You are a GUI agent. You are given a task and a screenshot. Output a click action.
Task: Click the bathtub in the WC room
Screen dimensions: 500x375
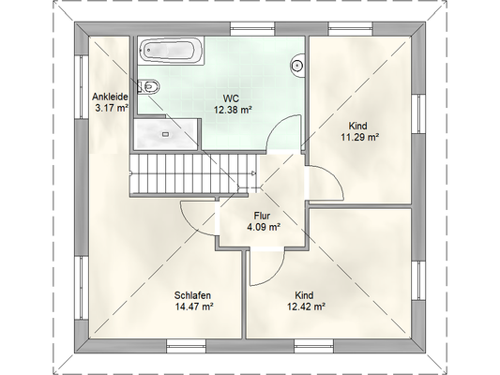click(172, 51)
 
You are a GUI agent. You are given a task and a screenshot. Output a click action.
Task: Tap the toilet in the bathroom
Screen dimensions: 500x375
click(149, 86)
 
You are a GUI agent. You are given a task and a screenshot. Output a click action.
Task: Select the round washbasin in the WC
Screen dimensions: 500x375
click(296, 66)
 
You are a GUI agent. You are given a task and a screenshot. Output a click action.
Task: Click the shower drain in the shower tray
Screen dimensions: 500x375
click(165, 134)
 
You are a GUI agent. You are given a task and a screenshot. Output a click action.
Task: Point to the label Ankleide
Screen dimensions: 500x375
click(110, 97)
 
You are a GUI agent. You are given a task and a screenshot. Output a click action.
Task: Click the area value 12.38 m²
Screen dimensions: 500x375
click(233, 111)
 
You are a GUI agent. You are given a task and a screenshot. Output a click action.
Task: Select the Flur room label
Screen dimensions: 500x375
click(262, 216)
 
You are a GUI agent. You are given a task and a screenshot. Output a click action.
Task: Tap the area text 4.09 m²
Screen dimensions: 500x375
click(264, 228)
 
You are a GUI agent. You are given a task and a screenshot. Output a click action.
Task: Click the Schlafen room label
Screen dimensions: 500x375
click(192, 295)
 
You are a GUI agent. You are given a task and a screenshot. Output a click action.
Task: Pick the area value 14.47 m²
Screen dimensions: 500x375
click(194, 307)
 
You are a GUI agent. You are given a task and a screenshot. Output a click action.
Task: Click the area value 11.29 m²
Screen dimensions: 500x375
click(360, 137)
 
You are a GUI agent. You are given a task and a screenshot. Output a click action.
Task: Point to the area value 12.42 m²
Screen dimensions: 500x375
click(306, 307)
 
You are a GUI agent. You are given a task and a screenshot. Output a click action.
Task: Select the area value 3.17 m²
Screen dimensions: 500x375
click(112, 108)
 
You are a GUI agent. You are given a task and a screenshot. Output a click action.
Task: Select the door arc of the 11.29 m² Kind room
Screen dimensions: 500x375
click(335, 177)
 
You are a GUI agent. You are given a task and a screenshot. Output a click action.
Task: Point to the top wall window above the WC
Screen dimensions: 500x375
click(253, 29)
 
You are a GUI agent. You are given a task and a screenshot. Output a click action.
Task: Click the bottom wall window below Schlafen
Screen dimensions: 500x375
click(187, 346)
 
